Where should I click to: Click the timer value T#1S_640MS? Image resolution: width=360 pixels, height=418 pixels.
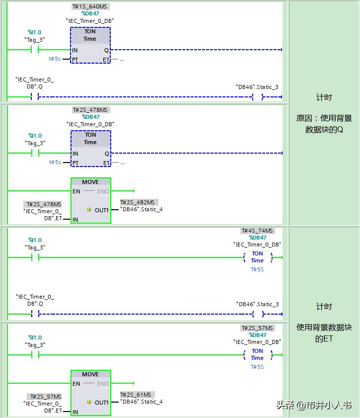point(90,6)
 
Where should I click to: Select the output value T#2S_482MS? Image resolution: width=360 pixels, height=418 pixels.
point(139,202)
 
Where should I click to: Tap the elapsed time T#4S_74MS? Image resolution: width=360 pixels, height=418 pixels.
point(257,231)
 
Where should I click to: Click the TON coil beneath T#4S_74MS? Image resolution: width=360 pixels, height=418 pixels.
point(257,257)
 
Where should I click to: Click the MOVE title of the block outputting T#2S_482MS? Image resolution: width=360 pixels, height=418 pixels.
point(90,182)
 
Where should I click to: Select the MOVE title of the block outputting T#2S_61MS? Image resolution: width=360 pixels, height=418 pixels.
point(90,374)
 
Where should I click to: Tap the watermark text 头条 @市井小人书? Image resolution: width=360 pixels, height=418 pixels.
point(313,405)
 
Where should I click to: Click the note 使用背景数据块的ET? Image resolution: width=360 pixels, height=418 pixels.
point(324,333)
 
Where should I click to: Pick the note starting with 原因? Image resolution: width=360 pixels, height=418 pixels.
point(324,124)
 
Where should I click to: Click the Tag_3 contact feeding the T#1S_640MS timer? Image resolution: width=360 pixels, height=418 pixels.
point(35,50)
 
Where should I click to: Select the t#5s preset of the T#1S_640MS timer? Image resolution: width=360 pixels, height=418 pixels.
point(55,59)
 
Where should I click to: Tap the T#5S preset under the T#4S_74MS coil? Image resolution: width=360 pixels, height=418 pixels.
point(257,269)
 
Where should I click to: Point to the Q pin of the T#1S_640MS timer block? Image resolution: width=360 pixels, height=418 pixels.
point(106,50)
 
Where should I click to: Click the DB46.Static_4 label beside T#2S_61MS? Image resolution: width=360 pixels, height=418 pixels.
point(141,402)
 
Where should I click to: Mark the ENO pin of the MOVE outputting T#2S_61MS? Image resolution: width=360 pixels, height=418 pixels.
point(103,384)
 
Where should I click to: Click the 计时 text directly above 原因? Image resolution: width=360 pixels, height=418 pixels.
point(324,97)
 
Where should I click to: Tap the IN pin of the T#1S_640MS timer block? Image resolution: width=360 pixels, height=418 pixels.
point(75,50)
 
